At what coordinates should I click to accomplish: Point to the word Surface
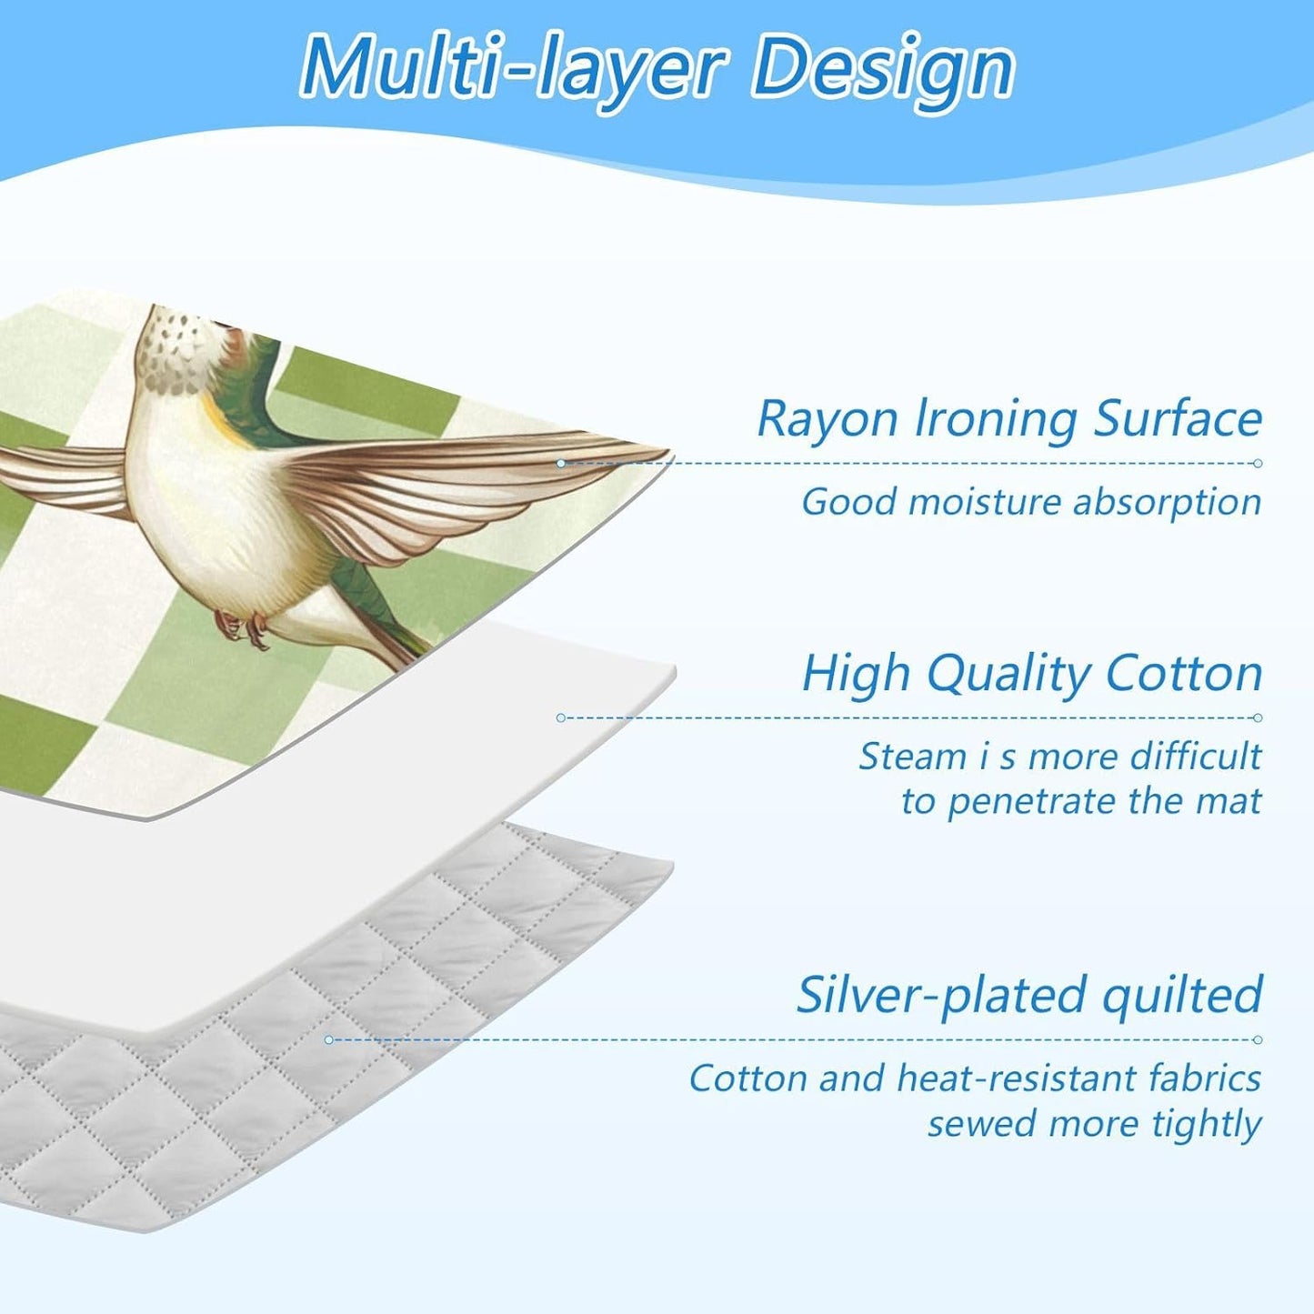[1178, 420]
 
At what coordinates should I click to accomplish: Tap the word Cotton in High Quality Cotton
[1184, 674]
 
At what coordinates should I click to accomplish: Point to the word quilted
[1182, 996]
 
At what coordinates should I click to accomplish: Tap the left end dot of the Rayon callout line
[561, 464]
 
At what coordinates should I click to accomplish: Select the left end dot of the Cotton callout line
[561, 717]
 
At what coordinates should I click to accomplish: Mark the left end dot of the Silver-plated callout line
[329, 1039]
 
